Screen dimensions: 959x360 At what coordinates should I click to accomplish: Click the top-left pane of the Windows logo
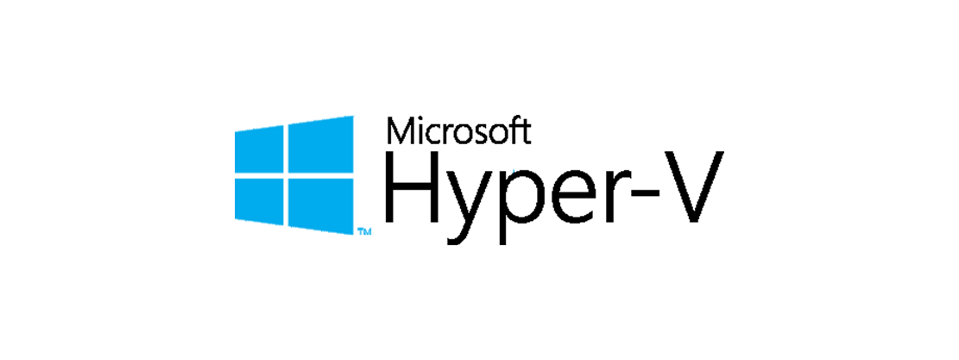tap(259, 149)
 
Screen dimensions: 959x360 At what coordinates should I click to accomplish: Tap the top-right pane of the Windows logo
tap(321, 144)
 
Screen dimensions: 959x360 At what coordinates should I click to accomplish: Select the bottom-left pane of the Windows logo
tap(259, 201)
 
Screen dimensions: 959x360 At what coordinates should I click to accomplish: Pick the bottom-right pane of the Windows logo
tap(321, 206)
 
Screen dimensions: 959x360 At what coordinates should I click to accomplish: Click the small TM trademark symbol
tap(364, 231)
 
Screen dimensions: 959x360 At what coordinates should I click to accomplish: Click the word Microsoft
tap(458, 130)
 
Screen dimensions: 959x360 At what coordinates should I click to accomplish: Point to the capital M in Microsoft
tap(401, 131)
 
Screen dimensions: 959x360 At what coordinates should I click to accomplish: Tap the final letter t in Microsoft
tap(526, 133)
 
